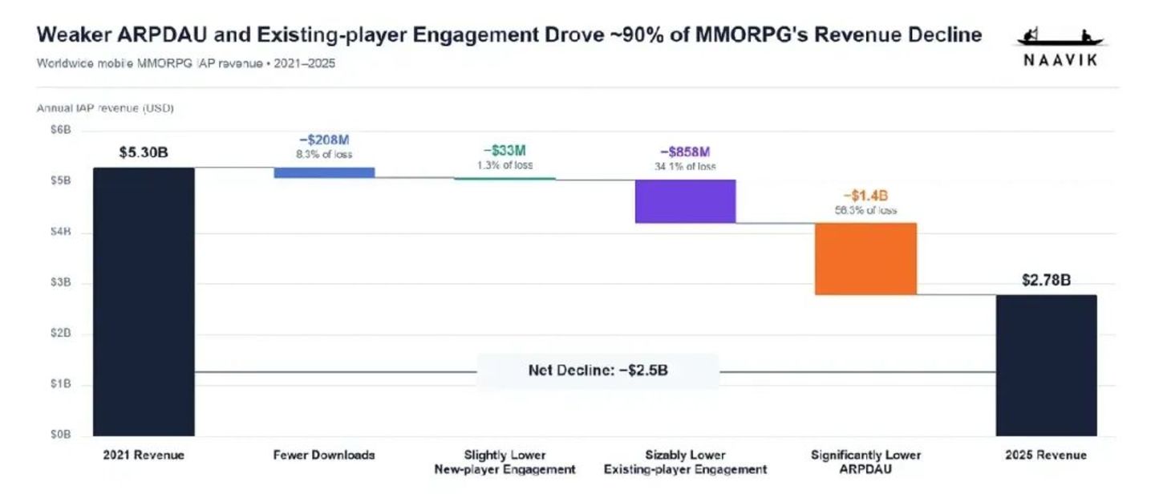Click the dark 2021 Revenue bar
[144, 302]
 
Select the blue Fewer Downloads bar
[324, 172]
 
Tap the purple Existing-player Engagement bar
[685, 201]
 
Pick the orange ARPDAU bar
[865, 259]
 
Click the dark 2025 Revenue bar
[1046, 366]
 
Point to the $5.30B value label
[144, 152]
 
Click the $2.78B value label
[1046, 280]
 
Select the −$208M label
[324, 140]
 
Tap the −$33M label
[505, 151]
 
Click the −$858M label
[685, 152]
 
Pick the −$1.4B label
[865, 196]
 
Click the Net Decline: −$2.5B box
[598, 370]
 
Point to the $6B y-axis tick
[61, 130]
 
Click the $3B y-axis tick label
[61, 282]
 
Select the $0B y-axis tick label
[61, 435]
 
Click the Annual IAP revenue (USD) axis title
[105, 108]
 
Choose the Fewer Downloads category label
[324, 456]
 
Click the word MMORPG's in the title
[752, 35]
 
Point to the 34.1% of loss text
[685, 167]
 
